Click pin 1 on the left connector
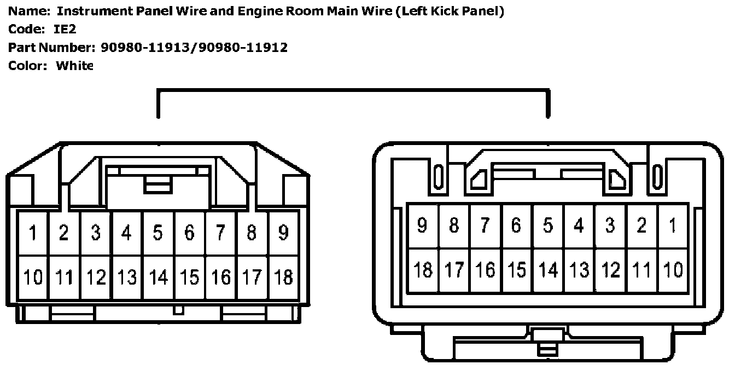(33, 233)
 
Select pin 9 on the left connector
(283, 233)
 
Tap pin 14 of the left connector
(158, 277)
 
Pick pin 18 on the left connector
(283, 277)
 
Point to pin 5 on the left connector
(158, 233)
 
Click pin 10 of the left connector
(33, 277)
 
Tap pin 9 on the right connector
(422, 226)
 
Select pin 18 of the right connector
(423, 270)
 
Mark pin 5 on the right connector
(547, 226)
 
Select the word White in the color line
(75, 66)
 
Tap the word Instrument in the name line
(89, 11)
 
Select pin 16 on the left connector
(220, 277)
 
